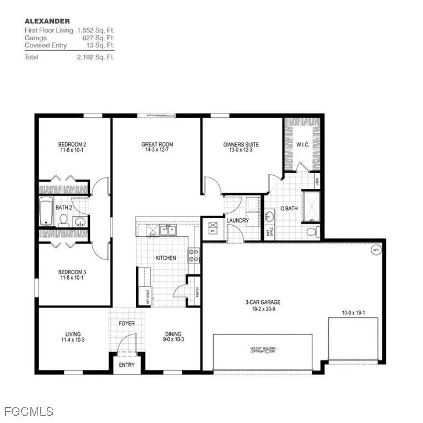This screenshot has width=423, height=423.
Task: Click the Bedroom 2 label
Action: tap(73, 145)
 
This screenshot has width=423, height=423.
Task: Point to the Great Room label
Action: tap(157, 145)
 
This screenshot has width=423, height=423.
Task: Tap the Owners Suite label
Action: tap(241, 145)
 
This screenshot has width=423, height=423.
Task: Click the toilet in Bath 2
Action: tap(63, 221)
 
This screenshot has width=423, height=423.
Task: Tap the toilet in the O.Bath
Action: tap(312, 231)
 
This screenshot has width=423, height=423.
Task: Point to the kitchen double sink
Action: tap(167, 230)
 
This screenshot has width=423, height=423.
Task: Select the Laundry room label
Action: tap(238, 220)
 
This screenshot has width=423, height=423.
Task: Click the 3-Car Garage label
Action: tap(263, 302)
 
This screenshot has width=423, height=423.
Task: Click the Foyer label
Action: tap(127, 323)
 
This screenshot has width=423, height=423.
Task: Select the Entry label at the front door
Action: tap(127, 365)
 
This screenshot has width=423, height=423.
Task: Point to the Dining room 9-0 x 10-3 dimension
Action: tap(173, 340)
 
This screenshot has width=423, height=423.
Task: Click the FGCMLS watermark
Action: tap(28, 411)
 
